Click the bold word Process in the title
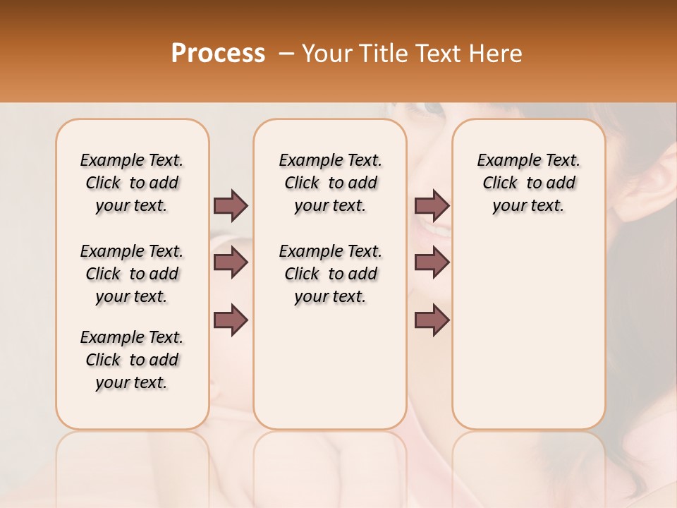pos(218,54)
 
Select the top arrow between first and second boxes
pos(231,205)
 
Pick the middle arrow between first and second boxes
pos(231,263)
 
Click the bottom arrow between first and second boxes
pos(231,320)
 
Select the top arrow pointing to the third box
pos(432,205)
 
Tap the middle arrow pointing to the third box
pos(432,263)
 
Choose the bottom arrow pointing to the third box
pos(432,320)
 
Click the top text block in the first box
pos(132,183)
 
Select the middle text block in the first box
pos(132,274)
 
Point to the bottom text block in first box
pos(132,360)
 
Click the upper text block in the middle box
pos(330,183)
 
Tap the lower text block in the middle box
pos(330,274)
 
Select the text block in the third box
pos(528,183)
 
